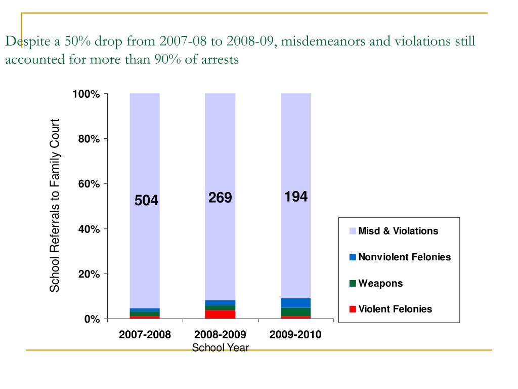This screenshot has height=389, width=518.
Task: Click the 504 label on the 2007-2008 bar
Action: tap(146, 201)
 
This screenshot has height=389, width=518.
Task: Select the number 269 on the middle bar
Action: tap(220, 198)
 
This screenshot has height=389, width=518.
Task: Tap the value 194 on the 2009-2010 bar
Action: tap(296, 197)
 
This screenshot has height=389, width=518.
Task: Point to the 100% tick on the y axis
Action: tap(85, 94)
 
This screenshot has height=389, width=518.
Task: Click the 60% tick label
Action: tap(89, 184)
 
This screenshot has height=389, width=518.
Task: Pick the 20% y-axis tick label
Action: tap(89, 274)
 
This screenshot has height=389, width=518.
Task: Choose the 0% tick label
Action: tap(91, 319)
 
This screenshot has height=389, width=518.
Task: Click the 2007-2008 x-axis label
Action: tap(145, 335)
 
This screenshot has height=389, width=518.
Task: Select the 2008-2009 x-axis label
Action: tap(220, 335)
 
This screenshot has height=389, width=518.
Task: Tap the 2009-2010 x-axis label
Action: tap(295, 335)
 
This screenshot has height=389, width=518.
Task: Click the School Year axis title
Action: tap(220, 347)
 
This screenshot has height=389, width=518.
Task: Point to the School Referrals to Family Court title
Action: tap(55, 206)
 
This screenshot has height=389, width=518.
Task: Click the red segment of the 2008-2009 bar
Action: tap(220, 314)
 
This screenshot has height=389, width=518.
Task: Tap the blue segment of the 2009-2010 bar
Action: tap(295, 303)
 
